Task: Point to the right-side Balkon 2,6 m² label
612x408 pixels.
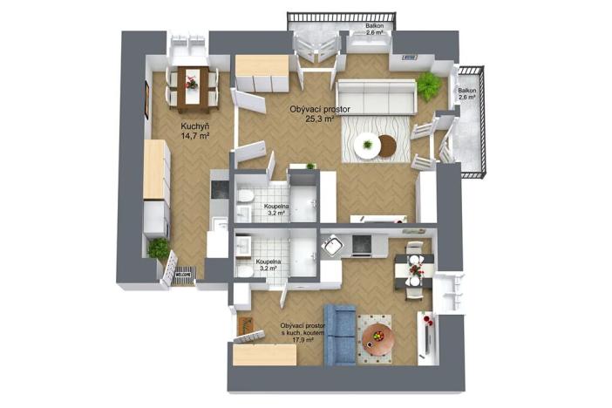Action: point(467,94)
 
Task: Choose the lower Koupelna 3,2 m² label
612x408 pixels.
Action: point(267,264)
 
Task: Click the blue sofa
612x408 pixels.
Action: point(339,332)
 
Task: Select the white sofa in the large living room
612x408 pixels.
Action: point(376,95)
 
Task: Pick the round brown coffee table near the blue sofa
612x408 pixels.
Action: point(378,335)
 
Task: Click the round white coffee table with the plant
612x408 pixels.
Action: point(369,145)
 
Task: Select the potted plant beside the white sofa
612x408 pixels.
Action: point(428,85)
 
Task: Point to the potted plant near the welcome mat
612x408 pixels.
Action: point(159,249)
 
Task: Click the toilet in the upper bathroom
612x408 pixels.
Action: point(246,195)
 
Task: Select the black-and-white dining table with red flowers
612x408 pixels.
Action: point(412,271)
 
